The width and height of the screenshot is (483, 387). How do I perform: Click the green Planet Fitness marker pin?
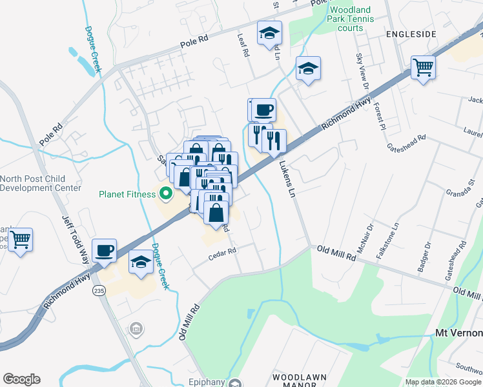(165, 193)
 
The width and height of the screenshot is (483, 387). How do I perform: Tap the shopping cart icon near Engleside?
(423, 67)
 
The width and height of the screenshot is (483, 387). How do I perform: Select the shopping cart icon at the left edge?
(21, 240)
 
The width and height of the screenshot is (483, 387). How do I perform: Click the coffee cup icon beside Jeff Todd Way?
(104, 250)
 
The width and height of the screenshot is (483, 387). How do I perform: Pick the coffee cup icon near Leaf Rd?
(262, 110)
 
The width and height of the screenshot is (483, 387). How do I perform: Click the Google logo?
(21, 379)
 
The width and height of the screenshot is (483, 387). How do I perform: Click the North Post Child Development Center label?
(40, 183)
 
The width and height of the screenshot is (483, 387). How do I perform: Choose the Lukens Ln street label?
(287, 179)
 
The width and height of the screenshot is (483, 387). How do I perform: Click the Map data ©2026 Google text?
(443, 382)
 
